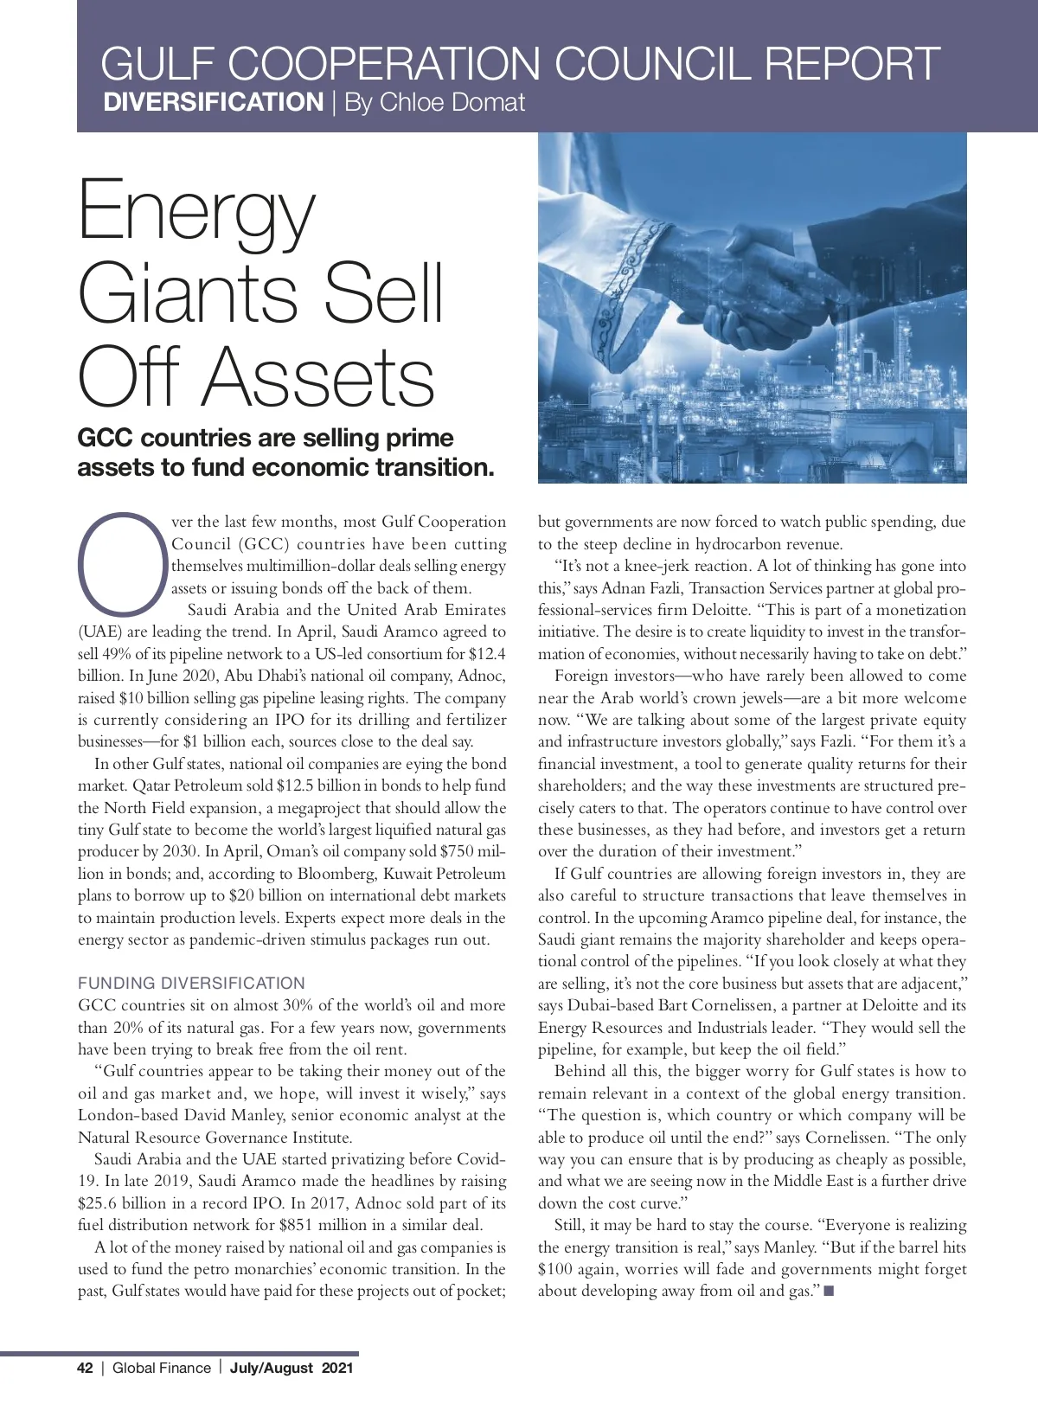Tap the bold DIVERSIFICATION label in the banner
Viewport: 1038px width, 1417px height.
213,102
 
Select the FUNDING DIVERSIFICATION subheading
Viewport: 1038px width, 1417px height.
191,984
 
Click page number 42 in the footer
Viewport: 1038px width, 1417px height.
85,1368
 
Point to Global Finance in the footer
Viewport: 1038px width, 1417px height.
162,1368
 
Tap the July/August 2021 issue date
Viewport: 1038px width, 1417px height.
292,1368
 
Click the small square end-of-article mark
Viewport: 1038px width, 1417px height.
829,1292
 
